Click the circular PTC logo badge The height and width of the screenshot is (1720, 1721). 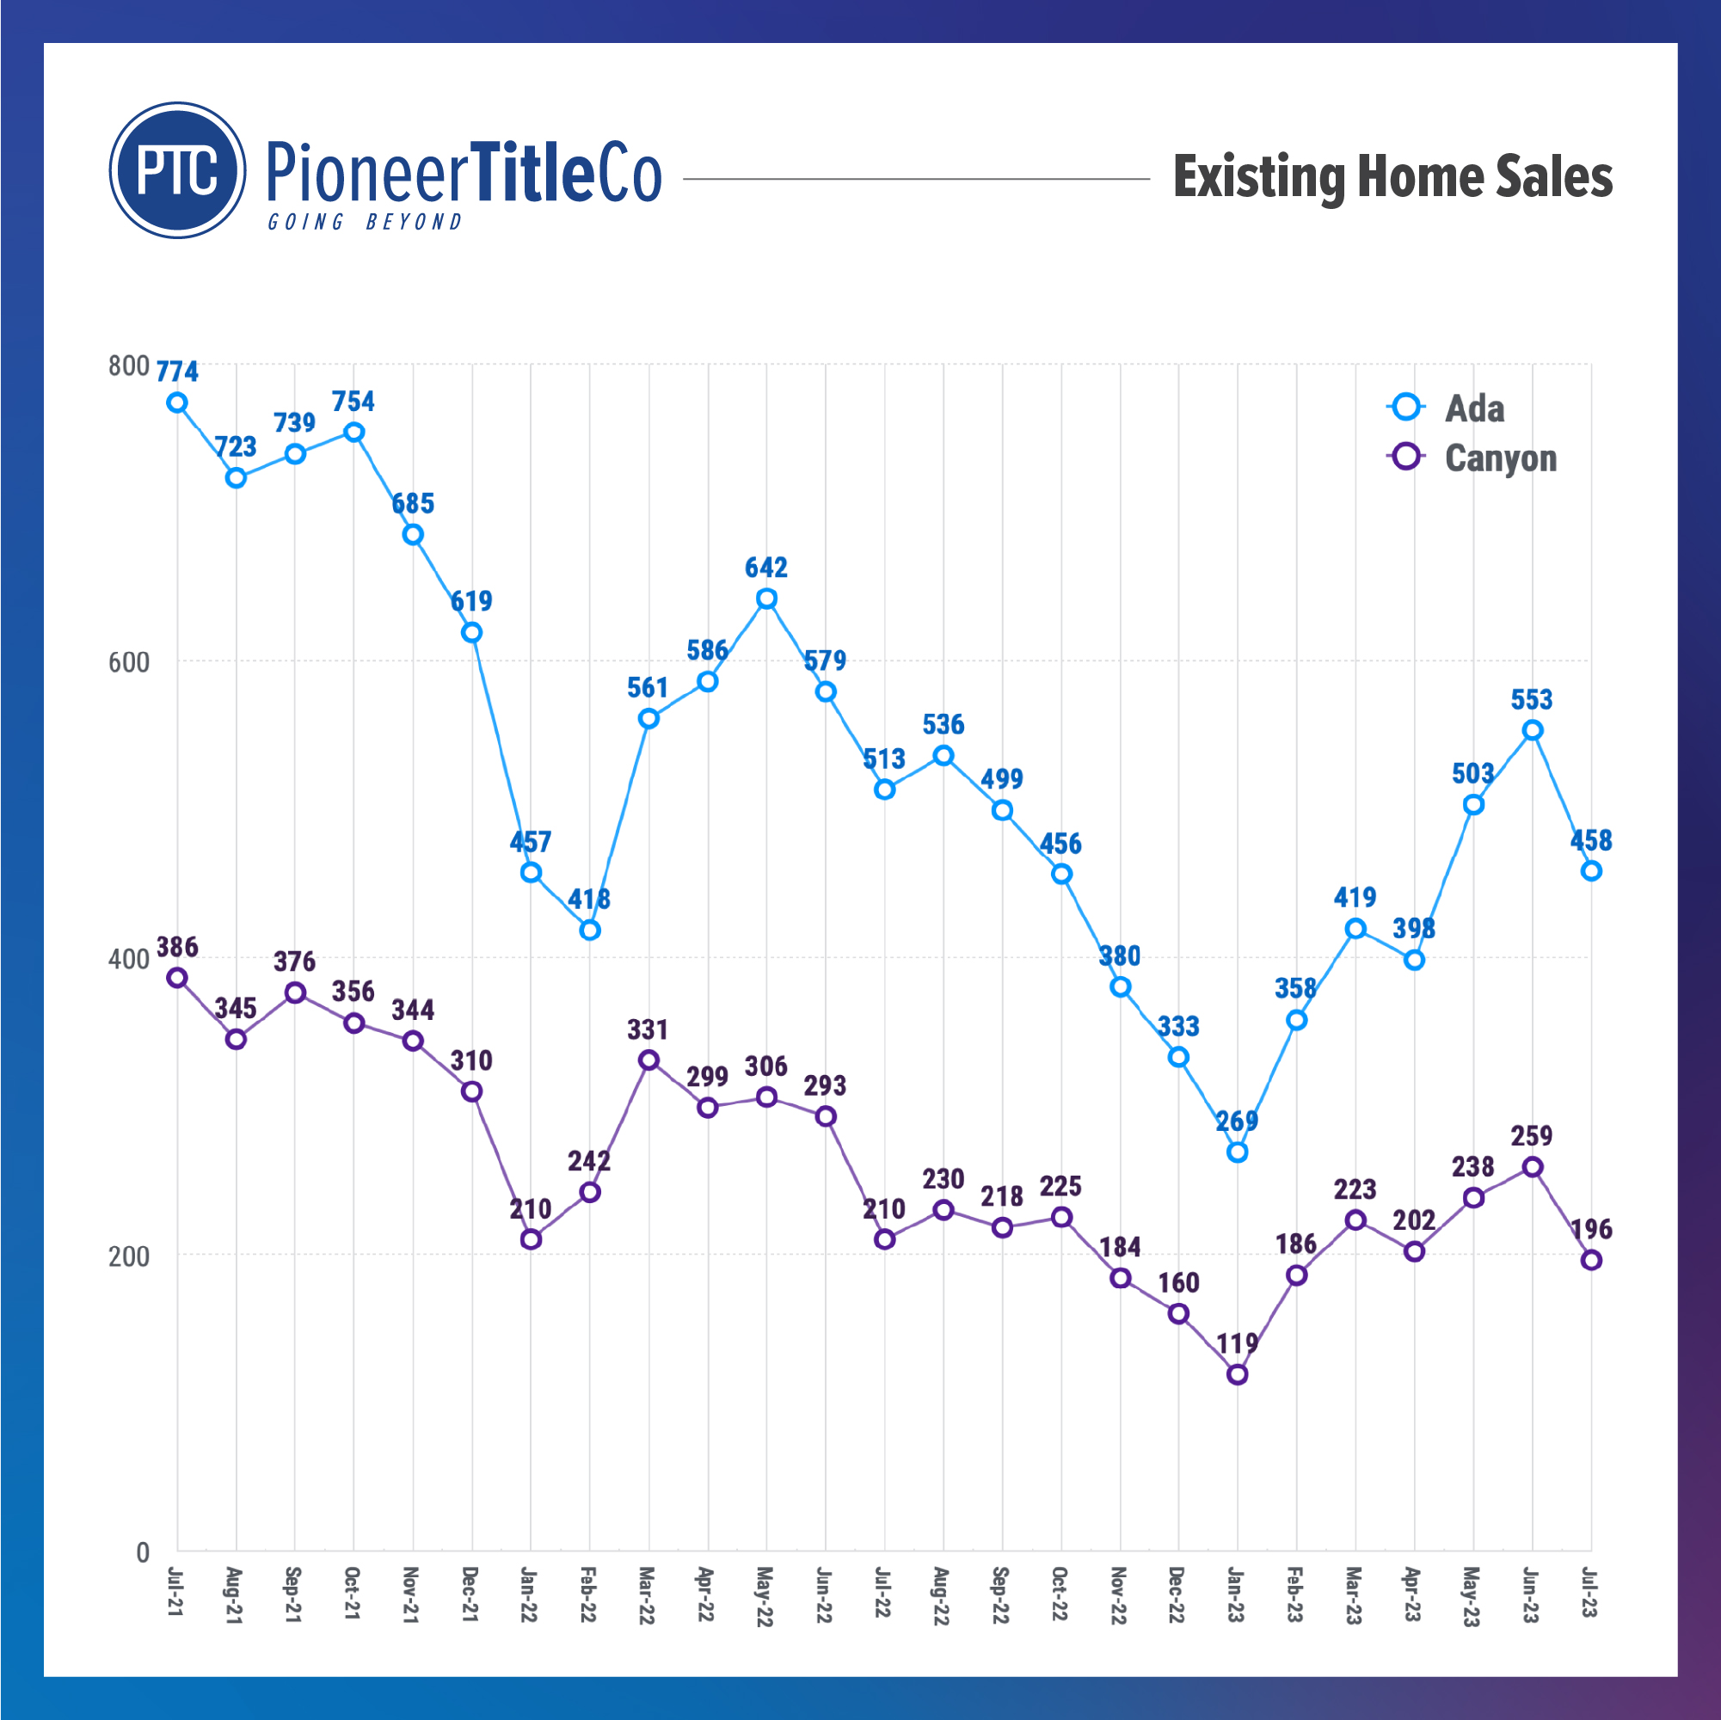(x=177, y=170)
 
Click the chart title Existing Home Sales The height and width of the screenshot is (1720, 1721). (x=1392, y=176)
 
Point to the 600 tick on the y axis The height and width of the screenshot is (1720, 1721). (x=128, y=663)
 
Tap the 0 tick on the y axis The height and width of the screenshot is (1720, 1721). (x=143, y=1552)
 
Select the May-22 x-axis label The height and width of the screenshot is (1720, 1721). (x=765, y=1597)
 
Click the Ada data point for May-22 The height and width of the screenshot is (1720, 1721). (x=766, y=599)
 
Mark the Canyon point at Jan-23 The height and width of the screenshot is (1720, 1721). (x=1238, y=1374)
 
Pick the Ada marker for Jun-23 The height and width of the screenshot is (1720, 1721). (x=1532, y=730)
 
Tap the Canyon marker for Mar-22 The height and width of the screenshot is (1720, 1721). (x=648, y=1060)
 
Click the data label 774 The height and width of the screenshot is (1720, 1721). (x=177, y=372)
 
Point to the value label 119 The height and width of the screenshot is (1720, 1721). (x=1238, y=1343)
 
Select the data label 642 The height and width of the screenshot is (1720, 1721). (x=766, y=568)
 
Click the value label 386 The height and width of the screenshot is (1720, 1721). (x=177, y=947)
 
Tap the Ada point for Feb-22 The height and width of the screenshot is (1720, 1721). (x=590, y=930)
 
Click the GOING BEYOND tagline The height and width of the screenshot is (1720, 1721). (x=366, y=222)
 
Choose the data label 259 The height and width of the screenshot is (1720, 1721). (x=1532, y=1136)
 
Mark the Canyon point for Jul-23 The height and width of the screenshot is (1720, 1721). (x=1591, y=1261)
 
